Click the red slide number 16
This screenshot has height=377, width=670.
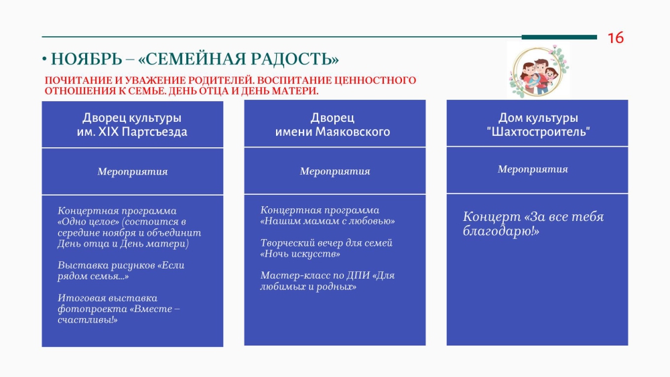[615, 38]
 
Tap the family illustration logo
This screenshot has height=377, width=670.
[539, 70]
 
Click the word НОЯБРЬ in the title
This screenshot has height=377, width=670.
[86, 59]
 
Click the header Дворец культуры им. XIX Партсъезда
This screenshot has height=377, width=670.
[132, 125]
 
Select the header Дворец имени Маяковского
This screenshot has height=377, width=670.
[332, 125]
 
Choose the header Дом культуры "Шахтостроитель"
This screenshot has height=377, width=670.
[538, 125]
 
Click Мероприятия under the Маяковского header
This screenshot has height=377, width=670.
[334, 171]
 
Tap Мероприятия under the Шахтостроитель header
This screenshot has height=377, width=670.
[533, 169]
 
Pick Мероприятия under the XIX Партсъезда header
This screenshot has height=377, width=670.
[133, 171]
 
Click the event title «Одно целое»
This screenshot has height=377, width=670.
[88, 222]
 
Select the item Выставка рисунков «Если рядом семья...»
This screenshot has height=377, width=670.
[121, 271]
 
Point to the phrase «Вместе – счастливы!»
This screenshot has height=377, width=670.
[119, 314]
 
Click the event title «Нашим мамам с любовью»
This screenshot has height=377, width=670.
[328, 221]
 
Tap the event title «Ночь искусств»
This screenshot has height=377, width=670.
[300, 254]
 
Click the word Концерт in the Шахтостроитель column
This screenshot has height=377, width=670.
[492, 216]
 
